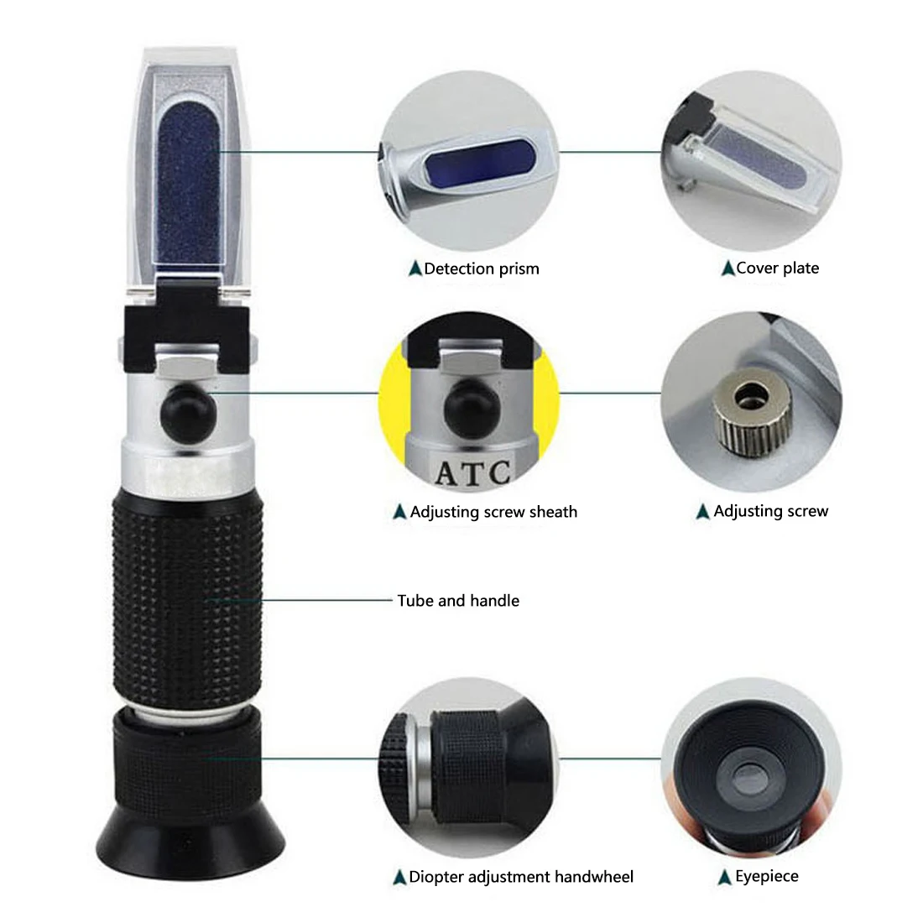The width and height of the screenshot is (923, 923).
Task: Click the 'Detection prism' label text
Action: [481, 269]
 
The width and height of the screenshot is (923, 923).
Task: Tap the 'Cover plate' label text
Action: [777, 269]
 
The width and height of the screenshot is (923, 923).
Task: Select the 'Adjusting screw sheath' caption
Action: [493, 512]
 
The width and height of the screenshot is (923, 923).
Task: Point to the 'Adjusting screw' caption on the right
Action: [770, 511]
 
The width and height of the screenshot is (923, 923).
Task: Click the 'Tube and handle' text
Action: [458, 601]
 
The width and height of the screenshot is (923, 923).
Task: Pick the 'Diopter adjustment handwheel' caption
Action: [521, 878]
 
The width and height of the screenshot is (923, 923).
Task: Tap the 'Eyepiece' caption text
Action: [767, 877]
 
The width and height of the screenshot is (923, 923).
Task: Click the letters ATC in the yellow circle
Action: [472, 472]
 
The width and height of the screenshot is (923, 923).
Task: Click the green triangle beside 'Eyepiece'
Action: [725, 878]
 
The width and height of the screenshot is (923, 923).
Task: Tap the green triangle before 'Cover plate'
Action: [727, 269]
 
